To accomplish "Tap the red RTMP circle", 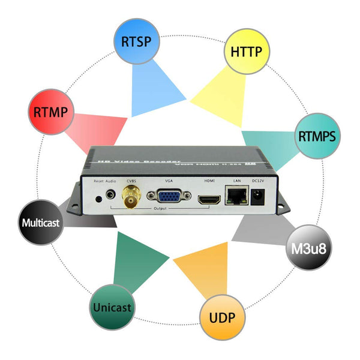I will point(50,112).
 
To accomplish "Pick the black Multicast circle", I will point(41,223).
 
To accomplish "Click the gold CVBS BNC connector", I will point(130,196).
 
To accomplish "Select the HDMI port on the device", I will point(208,198).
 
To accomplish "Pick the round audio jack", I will point(110,195).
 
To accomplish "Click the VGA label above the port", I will point(169,181).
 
